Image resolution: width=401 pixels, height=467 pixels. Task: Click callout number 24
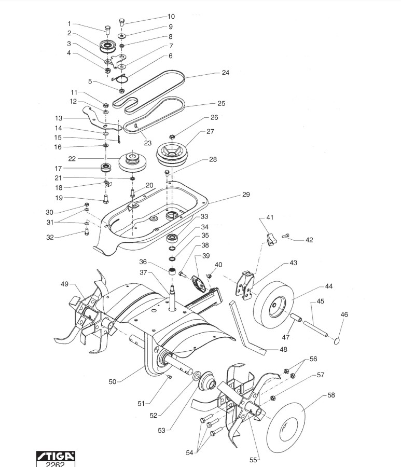[x=225, y=73]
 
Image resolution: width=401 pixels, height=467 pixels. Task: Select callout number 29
[x=245, y=195]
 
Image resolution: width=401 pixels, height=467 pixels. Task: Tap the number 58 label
[x=331, y=395]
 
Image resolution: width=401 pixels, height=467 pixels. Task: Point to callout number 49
[x=64, y=284]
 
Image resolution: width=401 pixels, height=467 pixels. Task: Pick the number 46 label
[x=344, y=314]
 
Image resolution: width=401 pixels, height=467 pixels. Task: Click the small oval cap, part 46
[x=335, y=340]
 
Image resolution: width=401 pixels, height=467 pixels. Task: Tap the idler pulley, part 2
[x=109, y=47]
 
